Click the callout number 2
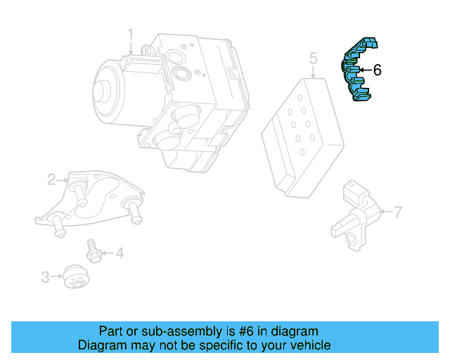pyautogui.click(x=51, y=180)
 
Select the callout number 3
pyautogui.click(x=45, y=277)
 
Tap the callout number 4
pyautogui.click(x=120, y=252)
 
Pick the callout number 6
pyautogui.click(x=377, y=70)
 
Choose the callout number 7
pyautogui.click(x=397, y=211)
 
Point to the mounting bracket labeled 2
pyautogui.click(x=91, y=200)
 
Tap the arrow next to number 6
pyautogui.click(x=364, y=70)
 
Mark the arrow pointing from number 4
pyautogui.click(x=108, y=252)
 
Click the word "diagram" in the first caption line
pyautogui.click(x=295, y=331)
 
